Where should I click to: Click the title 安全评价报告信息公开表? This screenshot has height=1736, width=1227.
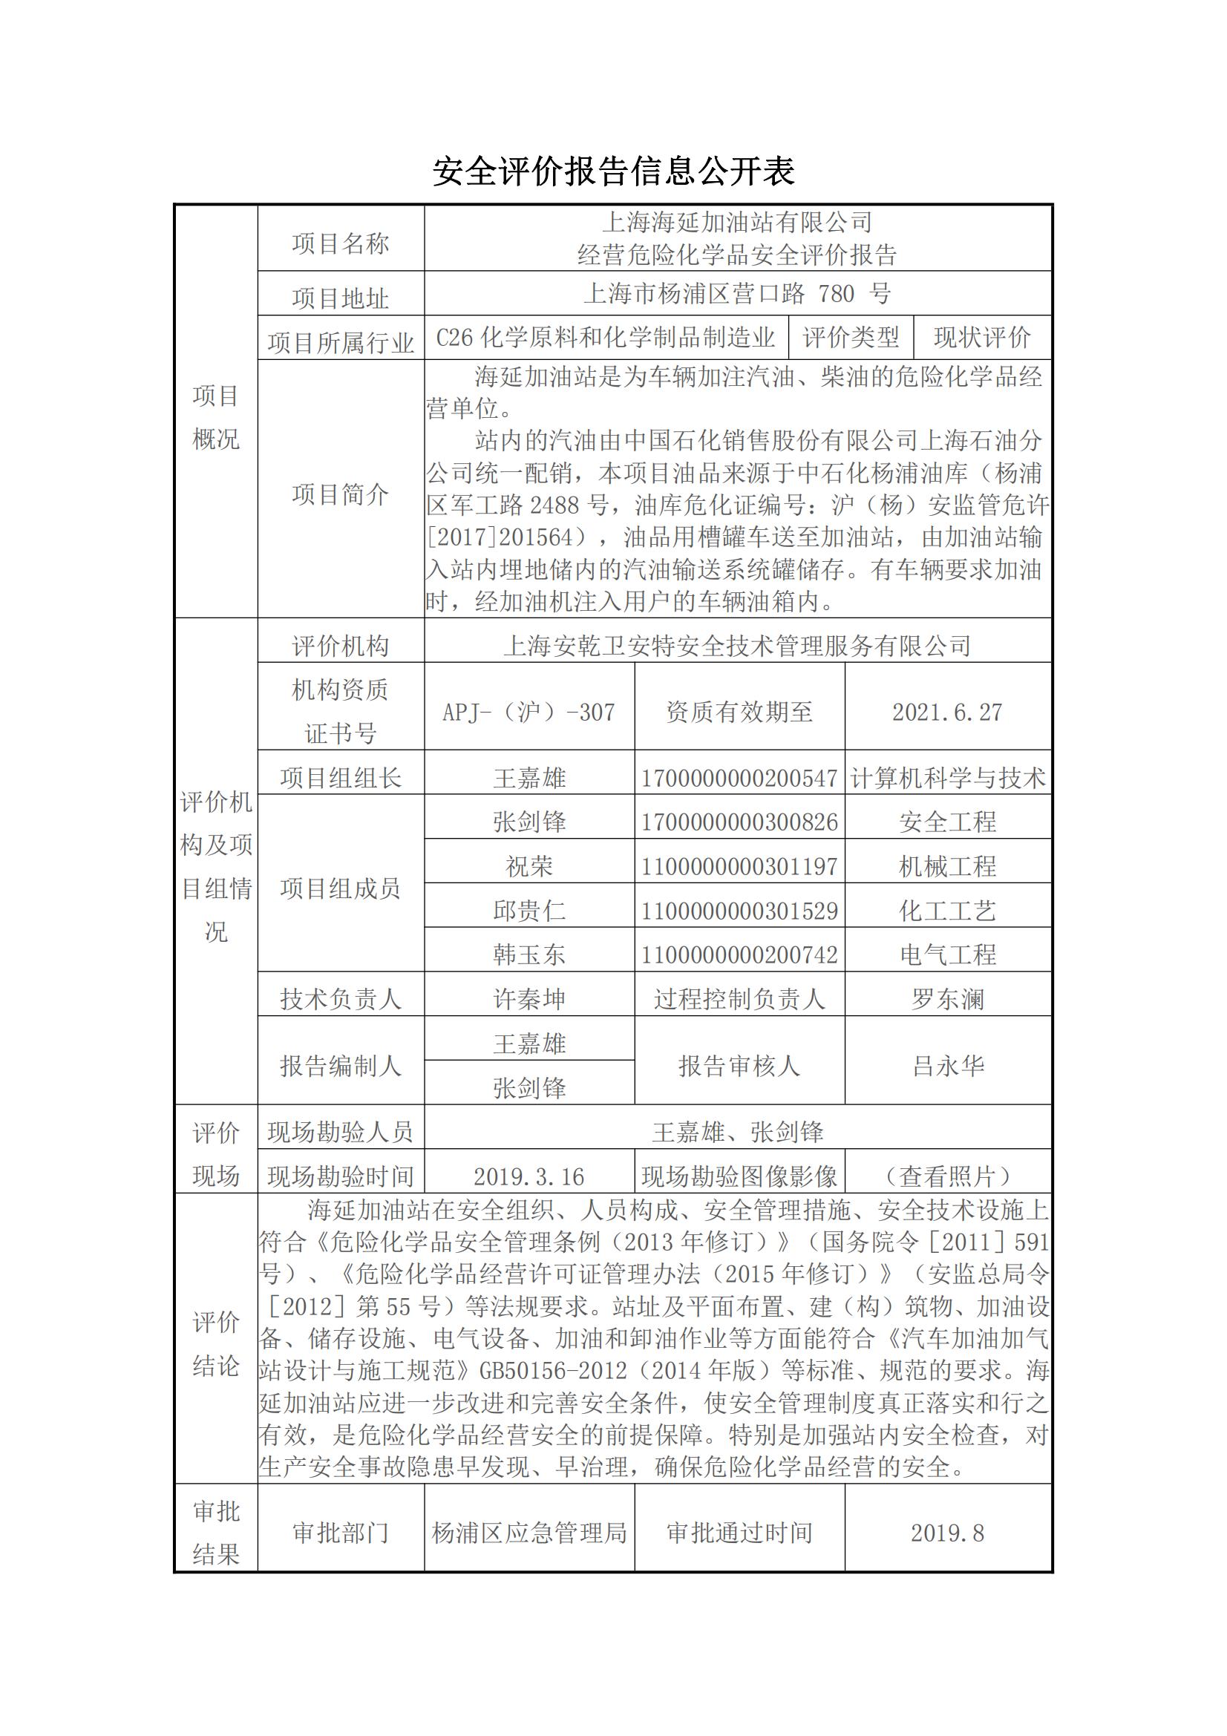[x=613, y=172]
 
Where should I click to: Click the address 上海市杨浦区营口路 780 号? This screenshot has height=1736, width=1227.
[x=737, y=293]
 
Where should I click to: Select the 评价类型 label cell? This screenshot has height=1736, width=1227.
[x=851, y=337]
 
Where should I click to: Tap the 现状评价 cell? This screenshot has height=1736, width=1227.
[x=982, y=337]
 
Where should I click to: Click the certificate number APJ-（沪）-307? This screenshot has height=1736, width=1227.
[x=529, y=712]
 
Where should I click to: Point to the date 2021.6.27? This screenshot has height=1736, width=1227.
[x=947, y=712]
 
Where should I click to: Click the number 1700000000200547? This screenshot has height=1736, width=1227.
[x=739, y=778]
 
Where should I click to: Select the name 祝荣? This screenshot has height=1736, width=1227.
[x=529, y=865]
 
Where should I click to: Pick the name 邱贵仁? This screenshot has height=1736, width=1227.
[x=529, y=911]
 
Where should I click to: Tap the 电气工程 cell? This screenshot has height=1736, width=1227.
[x=947, y=954]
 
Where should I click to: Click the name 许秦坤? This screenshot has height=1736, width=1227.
[x=529, y=999]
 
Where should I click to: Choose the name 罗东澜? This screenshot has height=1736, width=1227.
[x=947, y=999]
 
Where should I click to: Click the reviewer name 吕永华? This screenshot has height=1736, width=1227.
[x=947, y=1065]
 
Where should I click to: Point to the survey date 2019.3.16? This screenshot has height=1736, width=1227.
[x=529, y=1176]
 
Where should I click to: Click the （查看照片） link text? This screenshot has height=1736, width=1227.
[x=947, y=1176]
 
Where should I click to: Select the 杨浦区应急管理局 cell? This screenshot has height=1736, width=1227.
[x=529, y=1533]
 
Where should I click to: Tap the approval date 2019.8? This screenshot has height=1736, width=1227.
[x=947, y=1533]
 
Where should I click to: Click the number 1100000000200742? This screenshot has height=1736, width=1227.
[x=739, y=954]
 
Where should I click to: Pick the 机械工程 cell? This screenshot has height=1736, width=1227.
[x=947, y=865]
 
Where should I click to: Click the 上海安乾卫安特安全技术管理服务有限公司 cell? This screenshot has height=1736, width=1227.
[x=737, y=645]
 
